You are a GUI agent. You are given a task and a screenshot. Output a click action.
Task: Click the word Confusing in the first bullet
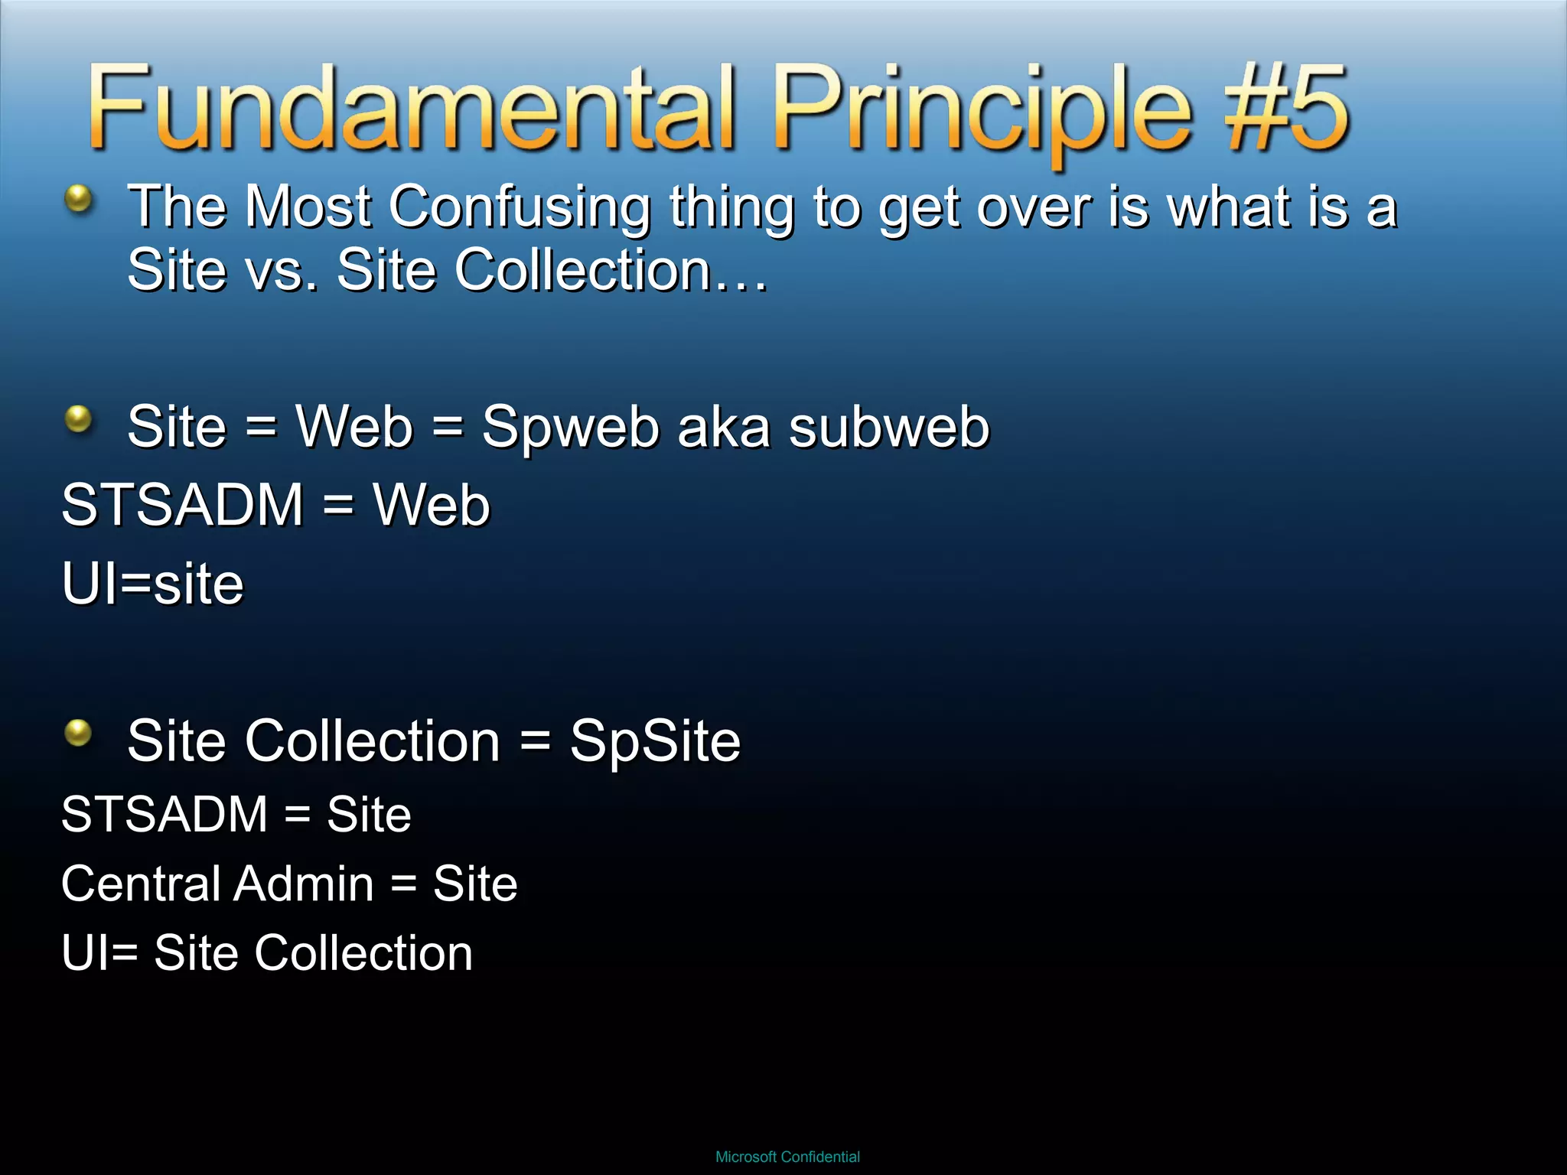coord(520,207)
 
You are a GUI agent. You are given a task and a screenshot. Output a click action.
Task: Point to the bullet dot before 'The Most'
coord(78,200)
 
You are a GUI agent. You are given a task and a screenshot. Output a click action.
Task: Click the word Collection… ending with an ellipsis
coord(612,270)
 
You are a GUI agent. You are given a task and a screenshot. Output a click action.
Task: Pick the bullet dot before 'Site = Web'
coord(78,419)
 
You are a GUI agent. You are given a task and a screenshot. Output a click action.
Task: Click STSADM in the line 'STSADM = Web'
coord(183,505)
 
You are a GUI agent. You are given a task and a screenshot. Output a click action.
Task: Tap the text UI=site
coord(152,584)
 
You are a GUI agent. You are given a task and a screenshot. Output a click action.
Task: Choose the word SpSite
coord(655,740)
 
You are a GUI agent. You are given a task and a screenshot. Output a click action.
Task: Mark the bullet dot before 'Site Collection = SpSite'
coord(78,733)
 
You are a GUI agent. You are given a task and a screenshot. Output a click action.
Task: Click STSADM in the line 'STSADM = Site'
coord(165,814)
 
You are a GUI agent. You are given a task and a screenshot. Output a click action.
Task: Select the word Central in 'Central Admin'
coord(141,884)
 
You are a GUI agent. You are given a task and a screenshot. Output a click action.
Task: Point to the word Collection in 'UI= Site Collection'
coord(363,953)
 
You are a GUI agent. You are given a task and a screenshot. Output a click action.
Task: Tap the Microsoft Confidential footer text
coord(787,1157)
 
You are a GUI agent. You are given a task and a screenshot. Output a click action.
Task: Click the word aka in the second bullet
coord(723,427)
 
